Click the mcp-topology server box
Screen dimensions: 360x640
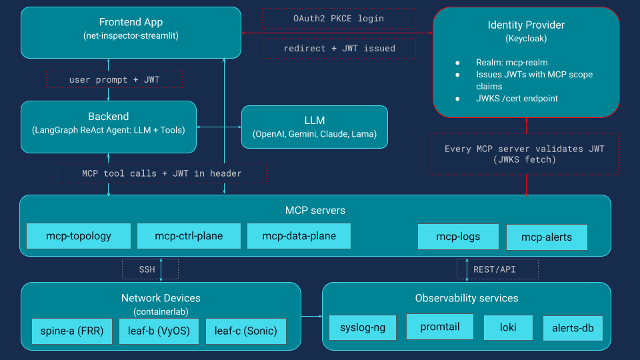[79, 236]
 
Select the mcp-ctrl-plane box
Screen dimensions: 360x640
[189, 236]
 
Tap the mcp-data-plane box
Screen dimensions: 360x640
[299, 236]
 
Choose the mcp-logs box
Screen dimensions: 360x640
[458, 237]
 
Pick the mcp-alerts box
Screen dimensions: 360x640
[546, 237]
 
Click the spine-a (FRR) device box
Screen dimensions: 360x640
[73, 331]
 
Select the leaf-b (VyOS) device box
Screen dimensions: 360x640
[159, 331]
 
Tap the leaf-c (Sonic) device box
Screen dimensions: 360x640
[246, 331]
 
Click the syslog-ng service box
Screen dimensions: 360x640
[363, 327]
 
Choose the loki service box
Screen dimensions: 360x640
[508, 327]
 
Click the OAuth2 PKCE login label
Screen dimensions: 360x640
[339, 19]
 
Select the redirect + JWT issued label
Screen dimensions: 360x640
[339, 48]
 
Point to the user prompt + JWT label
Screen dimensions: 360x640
[114, 80]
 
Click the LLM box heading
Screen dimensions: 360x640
[314, 121]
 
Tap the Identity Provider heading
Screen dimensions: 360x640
[526, 25]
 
